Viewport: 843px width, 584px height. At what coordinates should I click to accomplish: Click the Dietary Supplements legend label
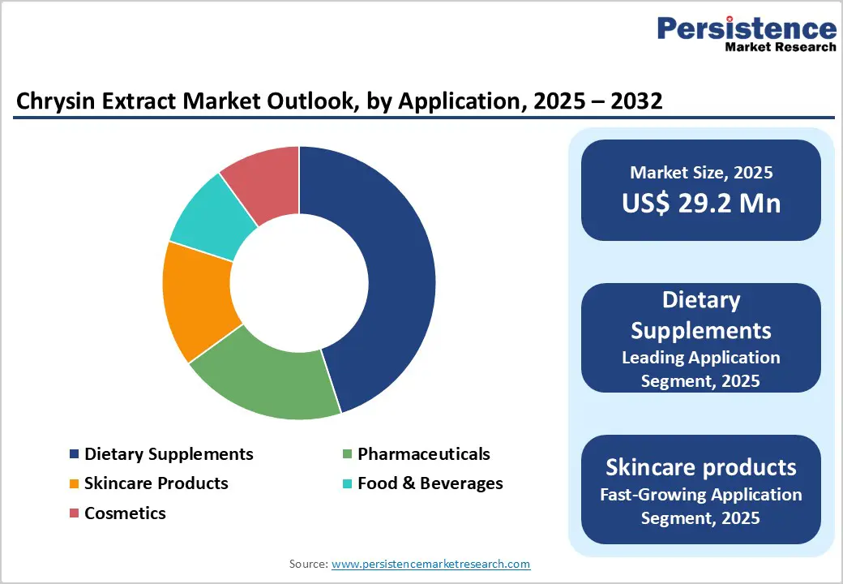(x=169, y=453)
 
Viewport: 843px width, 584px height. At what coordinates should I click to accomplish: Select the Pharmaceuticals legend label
(x=423, y=453)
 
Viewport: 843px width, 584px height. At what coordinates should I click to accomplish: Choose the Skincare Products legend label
(x=156, y=483)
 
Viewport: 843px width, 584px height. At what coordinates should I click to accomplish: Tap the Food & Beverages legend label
(x=430, y=483)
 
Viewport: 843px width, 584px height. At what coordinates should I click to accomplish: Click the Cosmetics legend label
(x=125, y=513)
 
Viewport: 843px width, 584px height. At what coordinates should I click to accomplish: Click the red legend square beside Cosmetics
(x=75, y=513)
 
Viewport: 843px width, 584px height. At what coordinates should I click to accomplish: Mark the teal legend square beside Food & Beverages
(x=348, y=484)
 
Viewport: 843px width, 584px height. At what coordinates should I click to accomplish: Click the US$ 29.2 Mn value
(x=701, y=203)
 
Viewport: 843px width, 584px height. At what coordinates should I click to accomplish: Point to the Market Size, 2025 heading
(x=701, y=172)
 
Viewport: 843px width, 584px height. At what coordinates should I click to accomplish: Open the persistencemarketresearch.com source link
(x=430, y=563)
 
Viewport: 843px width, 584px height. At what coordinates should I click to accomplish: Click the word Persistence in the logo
(x=747, y=28)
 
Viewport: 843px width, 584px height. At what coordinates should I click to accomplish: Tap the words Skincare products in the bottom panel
(x=701, y=467)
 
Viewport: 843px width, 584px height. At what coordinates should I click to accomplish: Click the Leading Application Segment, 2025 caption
(x=701, y=369)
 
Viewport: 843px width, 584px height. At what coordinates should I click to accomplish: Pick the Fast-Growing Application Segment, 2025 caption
(x=701, y=505)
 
